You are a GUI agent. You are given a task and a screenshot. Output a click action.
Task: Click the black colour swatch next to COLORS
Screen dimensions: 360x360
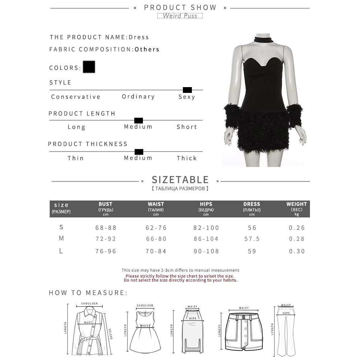(x=89, y=67)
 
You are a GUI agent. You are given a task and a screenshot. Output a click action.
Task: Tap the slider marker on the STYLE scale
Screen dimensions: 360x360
(x=187, y=90)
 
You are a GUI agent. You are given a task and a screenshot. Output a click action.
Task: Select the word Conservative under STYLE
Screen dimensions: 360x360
(x=76, y=96)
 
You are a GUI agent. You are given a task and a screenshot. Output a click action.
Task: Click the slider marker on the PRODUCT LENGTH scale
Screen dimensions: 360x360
(x=138, y=120)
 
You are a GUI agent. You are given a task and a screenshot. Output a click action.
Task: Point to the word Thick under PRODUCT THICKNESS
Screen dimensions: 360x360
(x=186, y=158)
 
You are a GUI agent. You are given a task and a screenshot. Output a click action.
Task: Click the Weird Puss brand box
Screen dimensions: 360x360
(x=180, y=15)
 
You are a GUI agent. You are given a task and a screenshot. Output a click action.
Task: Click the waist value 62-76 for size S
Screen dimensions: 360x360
(x=156, y=228)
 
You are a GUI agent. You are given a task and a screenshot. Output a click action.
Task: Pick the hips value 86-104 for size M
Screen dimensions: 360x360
(x=206, y=239)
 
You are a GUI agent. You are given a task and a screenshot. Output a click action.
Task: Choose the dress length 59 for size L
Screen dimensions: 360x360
(x=252, y=251)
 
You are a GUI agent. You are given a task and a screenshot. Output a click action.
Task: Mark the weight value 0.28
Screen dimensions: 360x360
(x=297, y=239)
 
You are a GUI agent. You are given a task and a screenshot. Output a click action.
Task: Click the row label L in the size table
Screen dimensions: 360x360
(x=61, y=251)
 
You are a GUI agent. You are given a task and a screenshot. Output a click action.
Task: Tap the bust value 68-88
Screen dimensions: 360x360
(x=106, y=228)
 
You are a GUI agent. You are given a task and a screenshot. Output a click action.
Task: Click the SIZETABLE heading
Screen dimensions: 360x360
(x=180, y=180)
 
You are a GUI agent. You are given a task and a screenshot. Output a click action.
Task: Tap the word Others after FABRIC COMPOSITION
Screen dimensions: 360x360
(x=147, y=49)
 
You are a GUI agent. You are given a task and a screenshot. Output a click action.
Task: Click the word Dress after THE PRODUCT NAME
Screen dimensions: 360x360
(x=139, y=37)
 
